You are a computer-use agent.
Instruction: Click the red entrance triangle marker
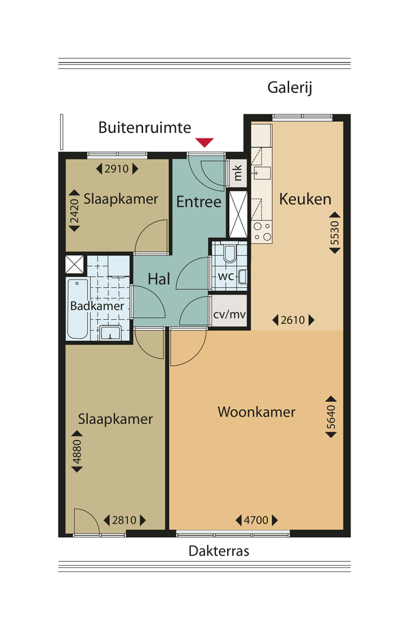click(204, 142)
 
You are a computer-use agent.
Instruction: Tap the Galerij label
click(290, 87)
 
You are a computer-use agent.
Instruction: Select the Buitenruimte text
click(145, 127)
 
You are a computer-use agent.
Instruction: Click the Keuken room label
click(305, 199)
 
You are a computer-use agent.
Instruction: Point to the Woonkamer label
click(257, 412)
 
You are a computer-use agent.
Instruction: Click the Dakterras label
click(219, 550)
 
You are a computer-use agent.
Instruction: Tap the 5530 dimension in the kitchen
click(335, 232)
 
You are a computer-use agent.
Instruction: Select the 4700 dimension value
click(256, 520)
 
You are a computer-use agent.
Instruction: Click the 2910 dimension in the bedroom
click(117, 169)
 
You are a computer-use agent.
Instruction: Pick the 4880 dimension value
click(77, 451)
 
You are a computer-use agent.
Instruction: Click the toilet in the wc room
click(230, 253)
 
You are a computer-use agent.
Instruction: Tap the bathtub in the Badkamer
click(78, 310)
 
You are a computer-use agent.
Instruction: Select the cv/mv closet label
click(230, 314)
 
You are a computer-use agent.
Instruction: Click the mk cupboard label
click(237, 172)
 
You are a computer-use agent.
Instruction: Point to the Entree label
click(199, 201)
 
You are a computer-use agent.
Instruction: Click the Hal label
click(159, 279)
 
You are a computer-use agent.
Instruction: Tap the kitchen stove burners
click(262, 232)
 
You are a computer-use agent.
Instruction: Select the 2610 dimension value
click(293, 320)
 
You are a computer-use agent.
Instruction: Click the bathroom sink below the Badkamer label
click(110, 333)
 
